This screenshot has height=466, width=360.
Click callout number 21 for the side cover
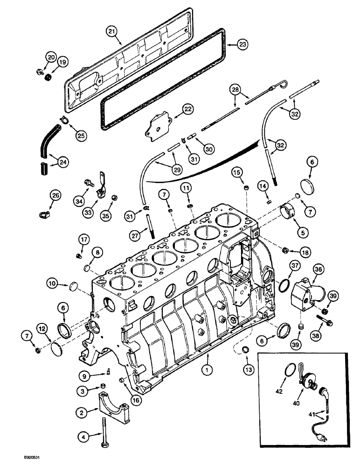tap(111, 31)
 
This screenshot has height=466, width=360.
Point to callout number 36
tap(319, 269)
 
